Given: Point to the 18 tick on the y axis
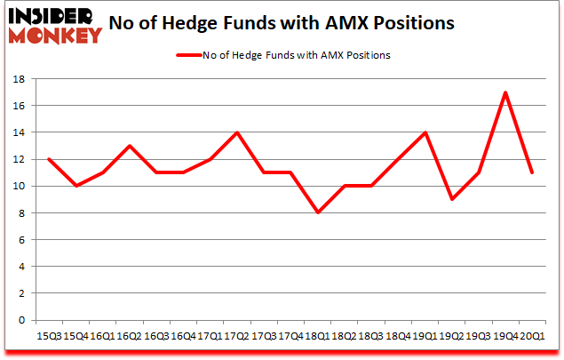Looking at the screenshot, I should [x=19, y=79].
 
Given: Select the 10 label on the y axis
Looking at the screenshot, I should [x=19, y=187].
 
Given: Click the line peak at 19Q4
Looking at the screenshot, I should [x=504, y=92].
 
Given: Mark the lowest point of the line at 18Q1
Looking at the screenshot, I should [x=316, y=212].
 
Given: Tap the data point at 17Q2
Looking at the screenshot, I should [x=236, y=132].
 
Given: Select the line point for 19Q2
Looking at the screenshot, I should [x=451, y=199].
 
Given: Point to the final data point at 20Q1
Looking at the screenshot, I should [x=531, y=172].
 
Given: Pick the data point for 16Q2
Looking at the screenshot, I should [x=128, y=146].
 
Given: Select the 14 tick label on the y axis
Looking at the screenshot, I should [x=19, y=132].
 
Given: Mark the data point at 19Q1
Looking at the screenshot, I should [x=424, y=132].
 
